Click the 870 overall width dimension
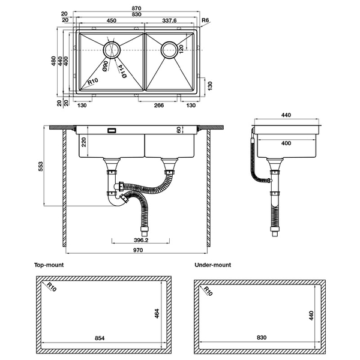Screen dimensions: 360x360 [138, 8]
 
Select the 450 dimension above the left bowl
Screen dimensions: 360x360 [112, 20]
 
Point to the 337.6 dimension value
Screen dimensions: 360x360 [171, 20]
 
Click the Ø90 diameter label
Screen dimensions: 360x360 [105, 67]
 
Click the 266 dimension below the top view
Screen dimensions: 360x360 [159, 106]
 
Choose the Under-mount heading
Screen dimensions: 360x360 [212, 265]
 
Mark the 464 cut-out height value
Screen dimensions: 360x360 [157, 313]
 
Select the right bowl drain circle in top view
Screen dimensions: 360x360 [169, 49]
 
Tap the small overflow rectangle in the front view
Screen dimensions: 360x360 [111, 130]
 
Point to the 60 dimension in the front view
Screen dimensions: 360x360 [178, 130]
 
